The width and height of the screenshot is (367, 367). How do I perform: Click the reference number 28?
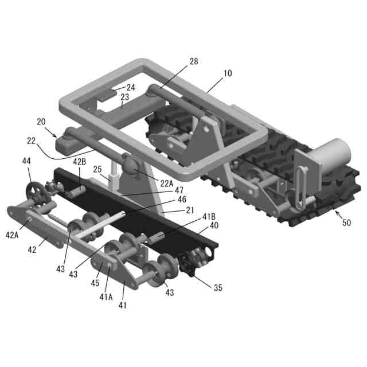194,61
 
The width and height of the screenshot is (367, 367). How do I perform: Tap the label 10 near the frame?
228,73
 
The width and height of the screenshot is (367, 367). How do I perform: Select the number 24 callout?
131,88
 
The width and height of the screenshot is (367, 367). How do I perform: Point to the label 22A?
167,183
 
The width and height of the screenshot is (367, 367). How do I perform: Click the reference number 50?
346,222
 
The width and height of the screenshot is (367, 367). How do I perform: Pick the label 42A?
12,235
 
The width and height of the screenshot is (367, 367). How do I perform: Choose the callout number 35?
218,288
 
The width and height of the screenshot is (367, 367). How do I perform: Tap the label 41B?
209,217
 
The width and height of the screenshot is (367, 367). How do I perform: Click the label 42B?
80,162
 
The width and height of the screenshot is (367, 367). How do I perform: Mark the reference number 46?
182,200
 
